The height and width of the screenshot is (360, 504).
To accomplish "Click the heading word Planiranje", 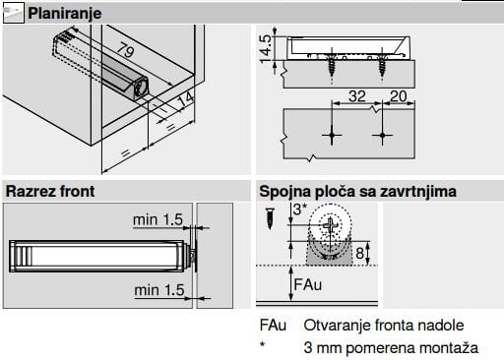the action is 65,14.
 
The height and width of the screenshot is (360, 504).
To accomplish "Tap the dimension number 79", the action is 126,49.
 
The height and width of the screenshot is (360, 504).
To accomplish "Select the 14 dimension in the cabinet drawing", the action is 186,99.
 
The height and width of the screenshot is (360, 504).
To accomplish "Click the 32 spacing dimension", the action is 357,96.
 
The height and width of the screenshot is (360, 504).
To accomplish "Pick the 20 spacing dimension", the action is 398,96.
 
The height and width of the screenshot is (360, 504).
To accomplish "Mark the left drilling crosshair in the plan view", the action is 332,135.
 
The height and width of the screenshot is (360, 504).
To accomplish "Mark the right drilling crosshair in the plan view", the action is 382,135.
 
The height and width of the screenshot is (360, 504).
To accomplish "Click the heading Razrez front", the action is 50,191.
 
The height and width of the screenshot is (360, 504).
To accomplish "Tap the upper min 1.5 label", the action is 157,219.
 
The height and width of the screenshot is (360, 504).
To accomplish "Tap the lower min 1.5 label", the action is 159,290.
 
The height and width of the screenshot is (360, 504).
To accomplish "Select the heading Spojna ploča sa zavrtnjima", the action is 357,192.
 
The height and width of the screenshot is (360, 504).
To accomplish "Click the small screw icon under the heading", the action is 270,218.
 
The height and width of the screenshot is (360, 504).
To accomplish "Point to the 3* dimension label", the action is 300,210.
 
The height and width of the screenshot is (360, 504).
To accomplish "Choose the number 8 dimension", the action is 360,253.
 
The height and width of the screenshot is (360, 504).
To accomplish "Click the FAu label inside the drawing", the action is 307,284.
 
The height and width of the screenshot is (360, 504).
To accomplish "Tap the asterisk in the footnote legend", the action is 262,345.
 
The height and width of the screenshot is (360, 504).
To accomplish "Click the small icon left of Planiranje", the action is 14,13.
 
